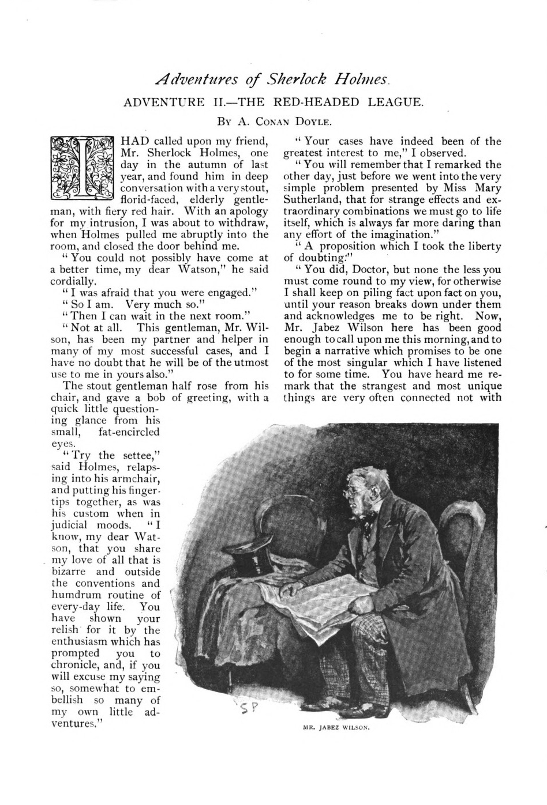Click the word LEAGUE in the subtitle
click(x=393, y=103)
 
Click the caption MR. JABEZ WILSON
click(x=336, y=727)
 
